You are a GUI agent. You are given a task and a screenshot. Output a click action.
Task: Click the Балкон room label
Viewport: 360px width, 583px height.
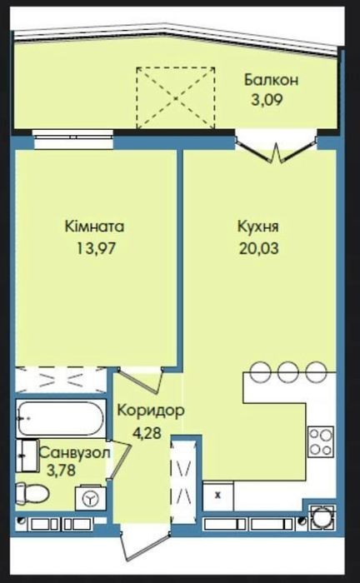click(x=271, y=80)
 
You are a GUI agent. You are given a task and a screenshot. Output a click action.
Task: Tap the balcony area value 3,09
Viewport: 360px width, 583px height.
click(x=267, y=100)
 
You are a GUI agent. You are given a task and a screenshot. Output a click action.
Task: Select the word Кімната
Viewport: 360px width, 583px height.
click(x=94, y=227)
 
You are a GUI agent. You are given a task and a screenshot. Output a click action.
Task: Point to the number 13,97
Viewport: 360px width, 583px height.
click(x=97, y=248)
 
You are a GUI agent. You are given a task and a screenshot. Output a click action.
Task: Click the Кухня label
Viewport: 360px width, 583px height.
click(x=258, y=227)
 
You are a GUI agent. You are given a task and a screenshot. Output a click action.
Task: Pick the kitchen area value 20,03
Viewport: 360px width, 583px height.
click(x=259, y=248)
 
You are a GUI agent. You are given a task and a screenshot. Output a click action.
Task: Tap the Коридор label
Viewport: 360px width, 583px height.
click(x=151, y=411)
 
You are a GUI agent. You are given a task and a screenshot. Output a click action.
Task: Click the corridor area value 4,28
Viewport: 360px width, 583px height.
click(x=147, y=433)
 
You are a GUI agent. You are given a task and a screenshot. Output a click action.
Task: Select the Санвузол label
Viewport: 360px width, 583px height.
click(x=75, y=453)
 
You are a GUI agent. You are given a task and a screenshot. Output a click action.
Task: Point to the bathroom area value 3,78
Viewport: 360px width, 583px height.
click(x=62, y=471)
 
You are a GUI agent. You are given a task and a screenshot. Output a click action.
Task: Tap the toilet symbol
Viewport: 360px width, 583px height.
click(x=32, y=493)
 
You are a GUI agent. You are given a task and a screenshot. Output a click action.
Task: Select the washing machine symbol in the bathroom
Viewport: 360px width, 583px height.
click(x=90, y=498)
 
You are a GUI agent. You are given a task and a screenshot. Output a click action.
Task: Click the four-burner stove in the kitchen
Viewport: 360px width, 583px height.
click(x=321, y=441)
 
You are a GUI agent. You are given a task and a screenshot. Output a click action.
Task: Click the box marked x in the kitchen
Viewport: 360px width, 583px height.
click(x=218, y=496)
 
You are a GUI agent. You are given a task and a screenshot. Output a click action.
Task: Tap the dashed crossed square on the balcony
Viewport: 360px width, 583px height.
click(x=176, y=98)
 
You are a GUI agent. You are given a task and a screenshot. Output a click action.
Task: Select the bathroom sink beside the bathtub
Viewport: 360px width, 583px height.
click(x=27, y=456)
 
